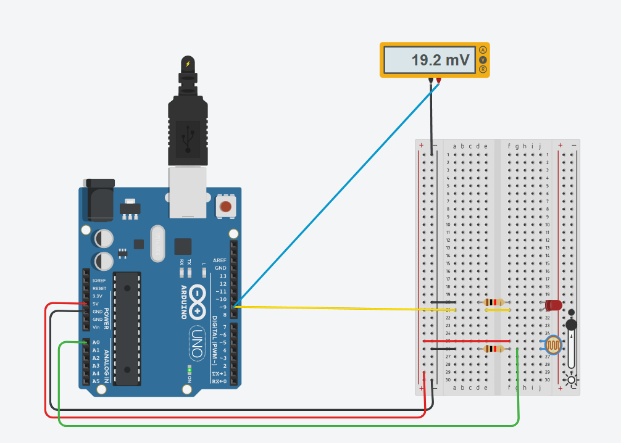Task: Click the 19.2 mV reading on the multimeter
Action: pyautogui.click(x=440, y=60)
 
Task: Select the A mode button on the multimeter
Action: pyautogui.click(x=483, y=49)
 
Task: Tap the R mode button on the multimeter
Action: pyautogui.click(x=483, y=70)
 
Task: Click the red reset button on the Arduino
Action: pyautogui.click(x=226, y=207)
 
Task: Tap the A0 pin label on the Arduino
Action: pyautogui.click(x=96, y=342)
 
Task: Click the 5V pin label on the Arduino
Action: pyautogui.click(x=96, y=304)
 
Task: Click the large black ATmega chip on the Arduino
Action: pyautogui.click(x=127, y=327)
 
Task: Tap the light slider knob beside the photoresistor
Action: pyautogui.click(x=572, y=325)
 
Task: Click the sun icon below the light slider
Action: pyautogui.click(x=572, y=379)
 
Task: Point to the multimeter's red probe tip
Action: pyautogui.click(x=438, y=80)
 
